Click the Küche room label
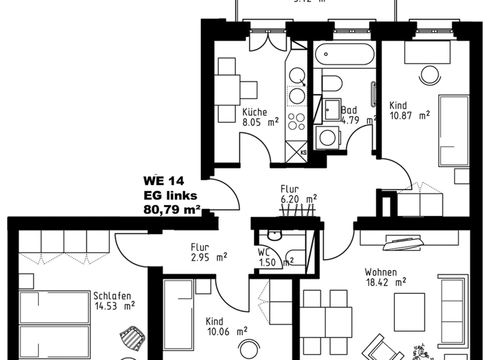[255, 111]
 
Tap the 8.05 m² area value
[260, 121]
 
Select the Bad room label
[349, 111]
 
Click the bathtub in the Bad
[344, 55]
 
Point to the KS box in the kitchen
[303, 152]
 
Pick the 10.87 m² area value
[409, 116]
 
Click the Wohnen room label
[380, 272]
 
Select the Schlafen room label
[112, 296]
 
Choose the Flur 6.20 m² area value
[298, 199]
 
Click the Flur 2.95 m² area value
[208, 256]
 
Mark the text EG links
[170, 195]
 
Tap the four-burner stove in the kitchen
[296, 121]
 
